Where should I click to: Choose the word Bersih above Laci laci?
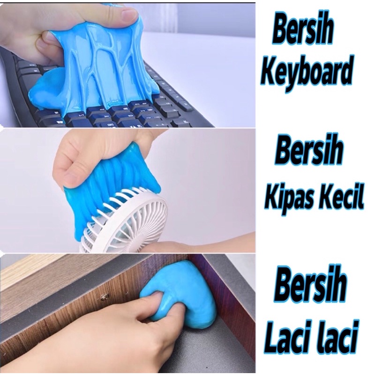tap(311, 285)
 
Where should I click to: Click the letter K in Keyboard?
tap(269, 71)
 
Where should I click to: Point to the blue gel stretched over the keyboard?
tap(108, 66)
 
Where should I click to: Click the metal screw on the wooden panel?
tap(104, 297)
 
